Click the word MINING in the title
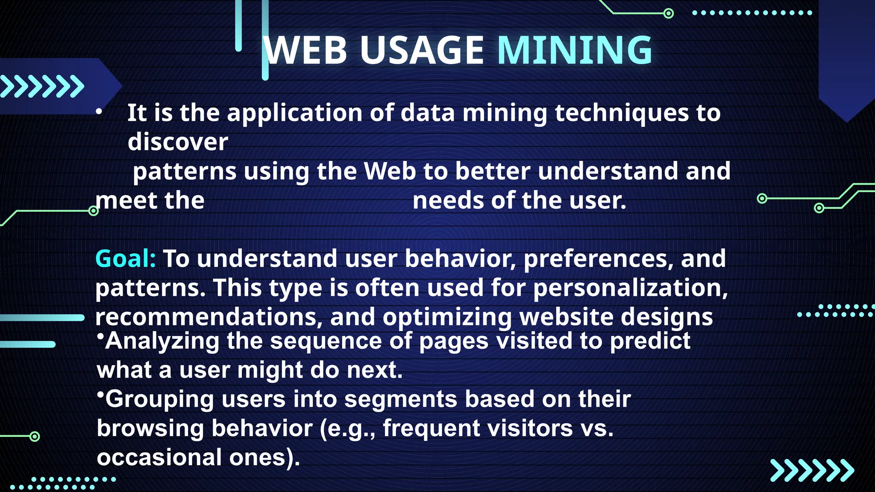(x=575, y=50)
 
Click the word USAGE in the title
(x=422, y=50)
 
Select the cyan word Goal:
(x=126, y=259)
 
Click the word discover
(x=178, y=142)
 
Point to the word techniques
(x=622, y=113)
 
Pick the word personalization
(x=631, y=288)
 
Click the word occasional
(x=159, y=457)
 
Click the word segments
(x=401, y=399)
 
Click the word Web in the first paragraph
(x=390, y=171)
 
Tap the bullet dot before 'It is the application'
(x=99, y=112)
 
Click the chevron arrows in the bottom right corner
(x=812, y=471)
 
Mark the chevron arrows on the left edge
(x=42, y=86)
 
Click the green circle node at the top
(x=669, y=14)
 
